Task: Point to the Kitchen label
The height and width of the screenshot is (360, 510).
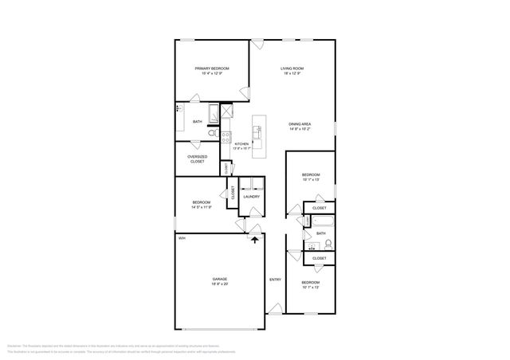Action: pyautogui.click(x=241, y=143)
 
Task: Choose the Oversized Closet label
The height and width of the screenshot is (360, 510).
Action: pyautogui.click(x=197, y=158)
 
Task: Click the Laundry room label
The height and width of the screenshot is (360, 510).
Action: pyautogui.click(x=252, y=196)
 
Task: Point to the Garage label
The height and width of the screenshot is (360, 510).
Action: pyautogui.click(x=219, y=279)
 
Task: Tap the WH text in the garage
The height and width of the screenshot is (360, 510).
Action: pyautogui.click(x=182, y=238)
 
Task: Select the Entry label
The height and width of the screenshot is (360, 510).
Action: pyautogui.click(x=275, y=280)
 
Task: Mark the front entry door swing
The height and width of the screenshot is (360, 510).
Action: pyautogui.click(x=273, y=307)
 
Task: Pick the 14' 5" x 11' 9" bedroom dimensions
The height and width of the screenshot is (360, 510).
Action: pyautogui.click(x=201, y=207)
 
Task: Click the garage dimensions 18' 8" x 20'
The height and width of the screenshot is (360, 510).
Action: pyautogui.click(x=219, y=284)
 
